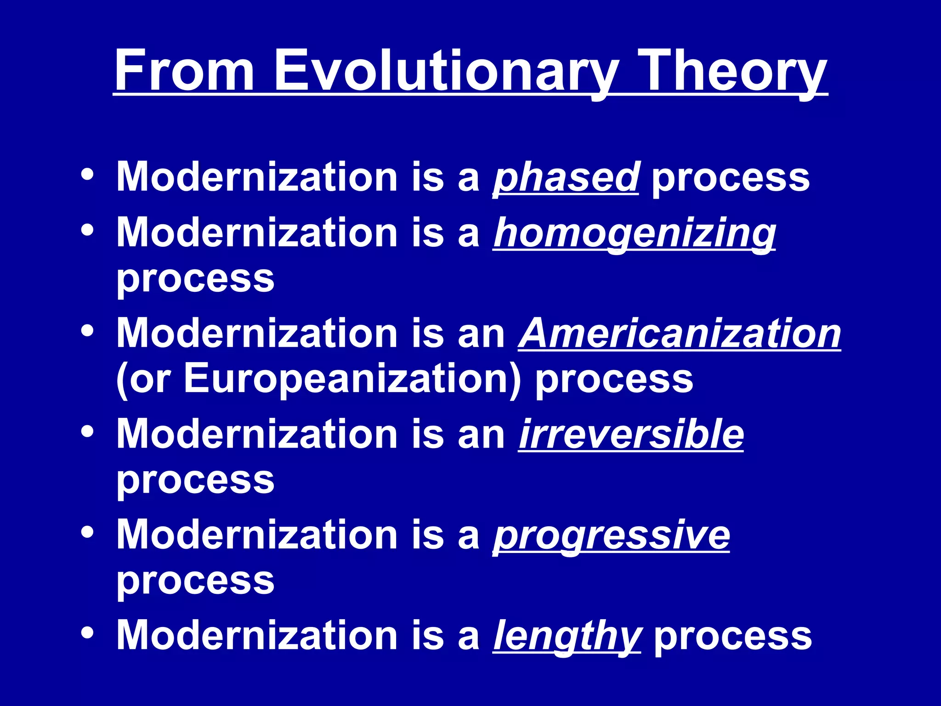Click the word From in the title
[184, 71]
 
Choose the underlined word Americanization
[680, 334]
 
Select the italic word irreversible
[631, 434]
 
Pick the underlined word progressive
[612, 535]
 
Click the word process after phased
[731, 179]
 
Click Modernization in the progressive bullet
[257, 535]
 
